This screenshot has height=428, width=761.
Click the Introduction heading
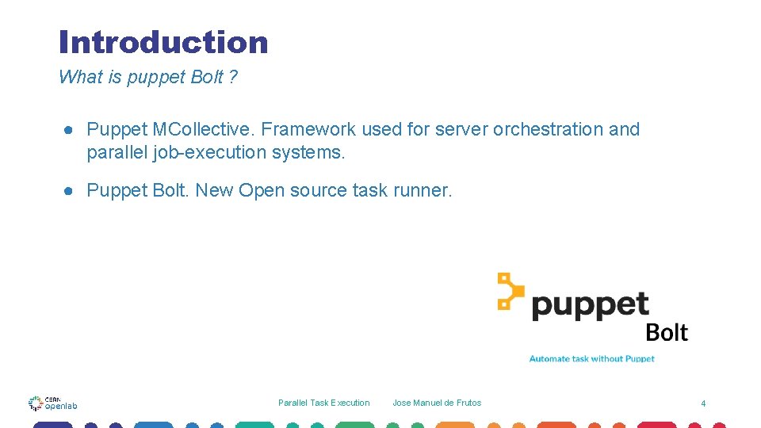coord(163,42)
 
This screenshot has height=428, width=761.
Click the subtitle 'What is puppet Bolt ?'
coord(148,77)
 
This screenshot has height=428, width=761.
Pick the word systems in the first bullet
coord(308,151)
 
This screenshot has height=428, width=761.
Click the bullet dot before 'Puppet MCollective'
coord(71,130)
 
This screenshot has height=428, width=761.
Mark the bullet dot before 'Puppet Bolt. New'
coord(71,191)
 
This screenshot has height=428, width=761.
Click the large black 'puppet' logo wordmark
coord(591,305)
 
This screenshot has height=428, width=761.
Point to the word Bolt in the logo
coord(667,332)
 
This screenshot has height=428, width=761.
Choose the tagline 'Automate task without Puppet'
coord(591,359)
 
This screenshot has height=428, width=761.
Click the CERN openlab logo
coord(52,403)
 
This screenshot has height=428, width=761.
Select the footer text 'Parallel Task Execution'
coord(323,403)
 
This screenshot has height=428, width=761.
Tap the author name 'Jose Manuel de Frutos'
coord(437,403)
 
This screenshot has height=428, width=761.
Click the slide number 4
coord(702,403)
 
